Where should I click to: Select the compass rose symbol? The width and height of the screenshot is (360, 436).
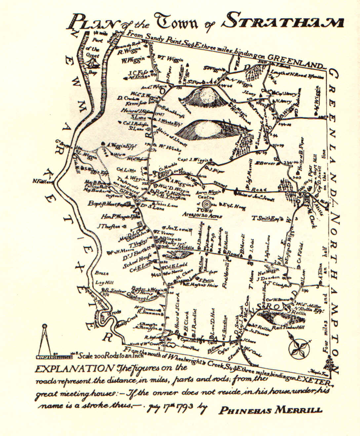[x=299, y=347]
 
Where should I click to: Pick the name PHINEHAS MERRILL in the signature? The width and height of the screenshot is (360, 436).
[x=270, y=410]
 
